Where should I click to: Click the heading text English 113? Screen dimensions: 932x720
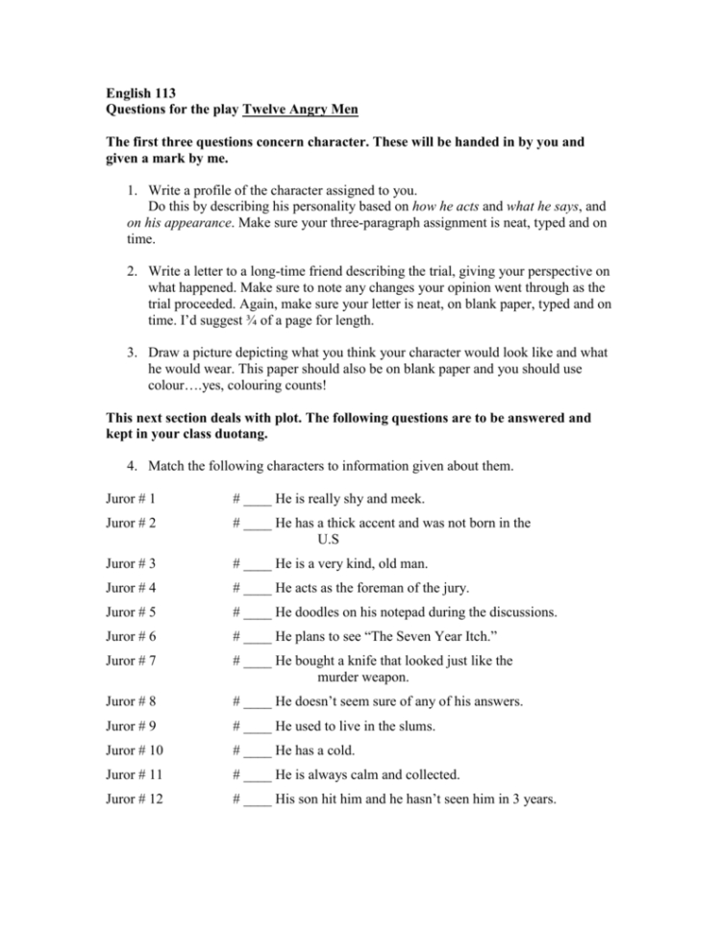pos(141,94)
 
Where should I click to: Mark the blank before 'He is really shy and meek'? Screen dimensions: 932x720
pos(257,498)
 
